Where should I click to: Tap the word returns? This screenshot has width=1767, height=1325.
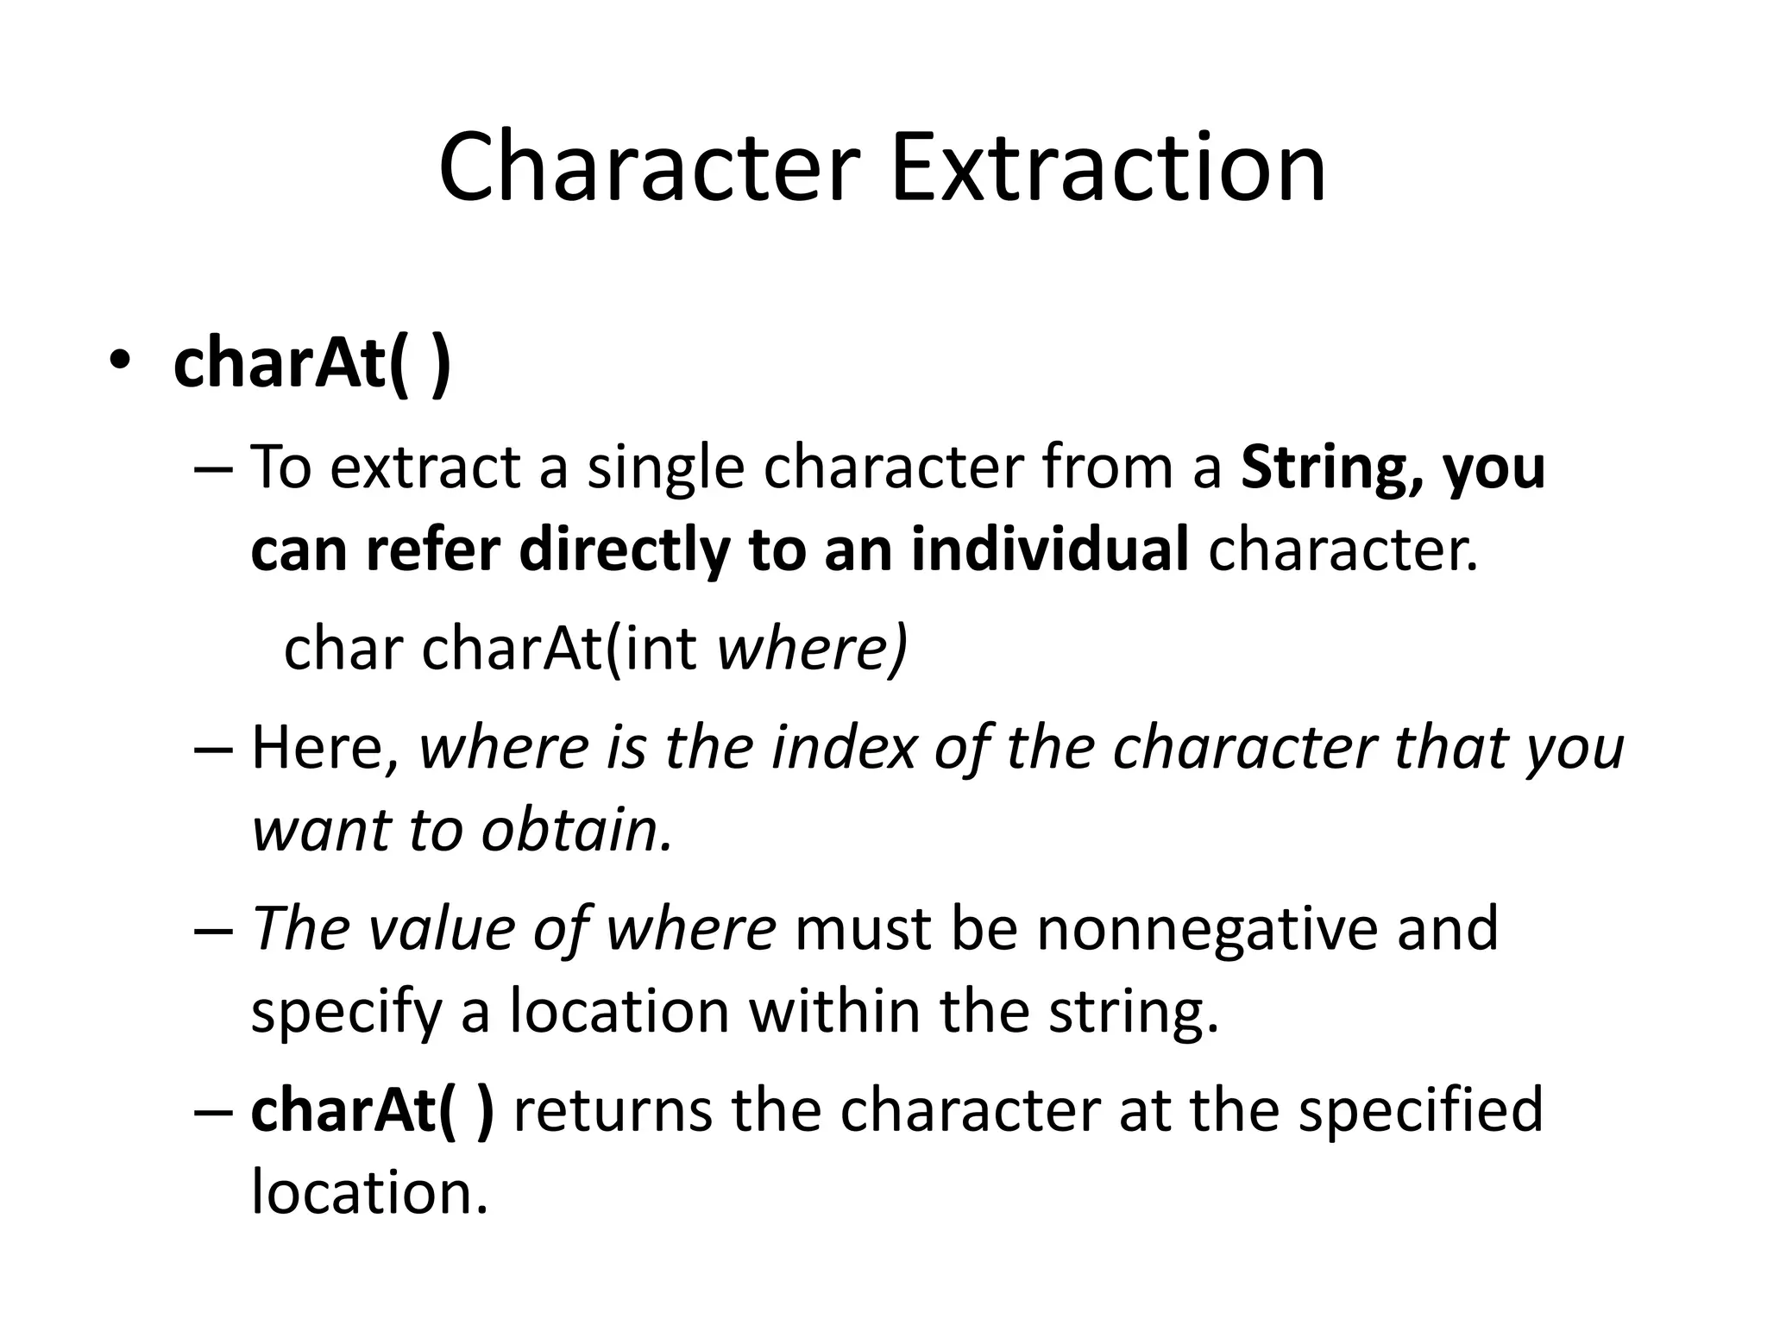coord(613,1110)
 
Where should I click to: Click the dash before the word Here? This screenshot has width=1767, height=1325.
coord(213,749)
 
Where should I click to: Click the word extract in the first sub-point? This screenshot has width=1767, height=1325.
coord(425,468)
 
